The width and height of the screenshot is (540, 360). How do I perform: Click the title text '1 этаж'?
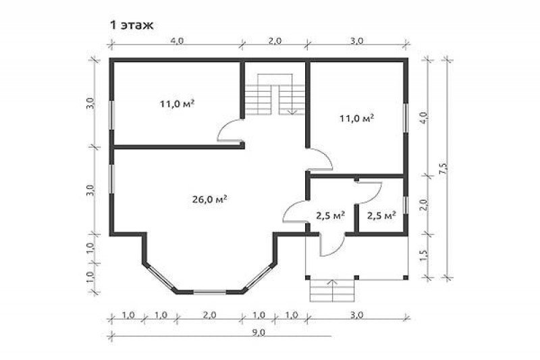(x=132, y=25)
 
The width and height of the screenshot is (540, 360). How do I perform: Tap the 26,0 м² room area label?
(x=209, y=199)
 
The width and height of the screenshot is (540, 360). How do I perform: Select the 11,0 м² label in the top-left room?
(x=177, y=103)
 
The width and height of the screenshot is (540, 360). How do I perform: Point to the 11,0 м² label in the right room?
(x=357, y=118)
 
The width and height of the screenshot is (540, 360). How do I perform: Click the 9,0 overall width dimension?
(x=259, y=332)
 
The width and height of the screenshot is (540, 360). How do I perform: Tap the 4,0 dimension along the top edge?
(x=177, y=41)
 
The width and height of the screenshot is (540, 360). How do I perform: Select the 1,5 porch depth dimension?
(x=424, y=255)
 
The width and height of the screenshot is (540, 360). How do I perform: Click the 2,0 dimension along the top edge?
(x=275, y=41)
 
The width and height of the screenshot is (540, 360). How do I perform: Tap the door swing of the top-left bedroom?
(x=228, y=130)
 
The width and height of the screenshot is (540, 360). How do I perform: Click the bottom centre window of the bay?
(x=209, y=292)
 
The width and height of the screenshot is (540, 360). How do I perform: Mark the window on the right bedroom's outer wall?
(x=406, y=117)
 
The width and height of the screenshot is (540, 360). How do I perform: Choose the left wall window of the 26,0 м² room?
(x=111, y=179)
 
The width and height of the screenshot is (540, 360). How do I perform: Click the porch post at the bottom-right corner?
(x=406, y=278)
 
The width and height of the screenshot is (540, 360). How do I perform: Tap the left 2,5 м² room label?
(x=331, y=215)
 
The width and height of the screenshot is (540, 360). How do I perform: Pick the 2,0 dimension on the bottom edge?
(x=209, y=315)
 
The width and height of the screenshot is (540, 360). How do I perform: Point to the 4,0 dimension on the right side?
(x=424, y=118)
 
